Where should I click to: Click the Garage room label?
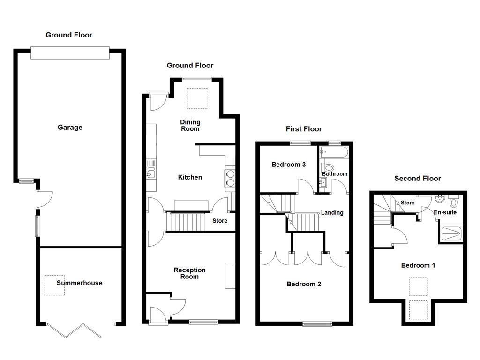pos(70,127)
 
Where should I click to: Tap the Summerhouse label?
pos(79,283)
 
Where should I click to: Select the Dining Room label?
pos(190,125)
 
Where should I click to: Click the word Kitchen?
pos(190,177)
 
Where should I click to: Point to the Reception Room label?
pos(189,273)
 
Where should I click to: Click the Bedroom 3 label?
pos(289,165)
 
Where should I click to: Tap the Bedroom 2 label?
pos(304,284)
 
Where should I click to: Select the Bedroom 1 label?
pos(418,265)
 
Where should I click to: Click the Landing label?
pos(332,213)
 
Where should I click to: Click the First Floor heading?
pos(304,129)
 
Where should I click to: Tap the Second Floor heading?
pos(418,179)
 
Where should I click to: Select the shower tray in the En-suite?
pos(453,233)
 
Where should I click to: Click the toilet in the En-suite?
pos(453,202)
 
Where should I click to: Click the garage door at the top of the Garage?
pos(70,53)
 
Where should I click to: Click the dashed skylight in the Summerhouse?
pos(54,285)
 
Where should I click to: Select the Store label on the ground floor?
pos(220,221)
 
